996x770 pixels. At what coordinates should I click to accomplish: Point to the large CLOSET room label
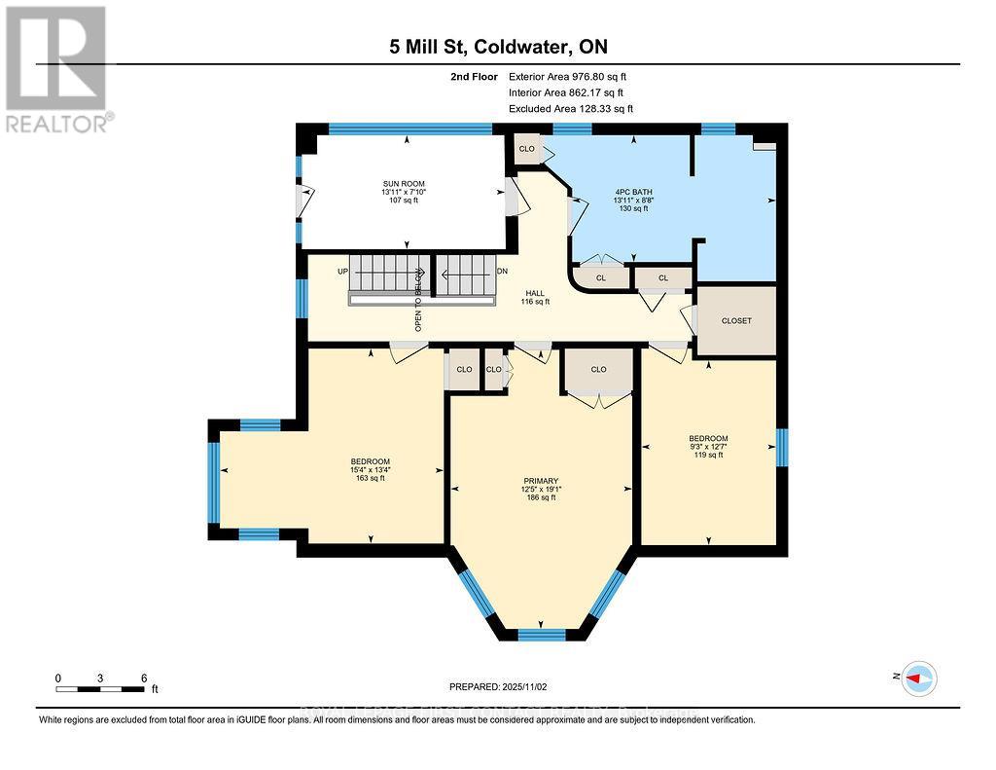(735, 320)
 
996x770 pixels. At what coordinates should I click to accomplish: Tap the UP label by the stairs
(342, 271)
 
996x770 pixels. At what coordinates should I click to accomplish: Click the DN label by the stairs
(502, 271)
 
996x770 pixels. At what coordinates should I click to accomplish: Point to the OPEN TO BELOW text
(418, 300)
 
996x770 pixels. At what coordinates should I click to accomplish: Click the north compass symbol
(917, 678)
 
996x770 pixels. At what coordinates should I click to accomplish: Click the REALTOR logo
(56, 68)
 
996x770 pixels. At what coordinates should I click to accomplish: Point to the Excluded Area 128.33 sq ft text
(571, 109)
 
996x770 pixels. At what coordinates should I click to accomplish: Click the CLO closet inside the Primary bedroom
(598, 370)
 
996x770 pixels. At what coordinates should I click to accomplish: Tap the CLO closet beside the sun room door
(526, 149)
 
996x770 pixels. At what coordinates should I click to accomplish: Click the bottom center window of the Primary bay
(542, 635)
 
